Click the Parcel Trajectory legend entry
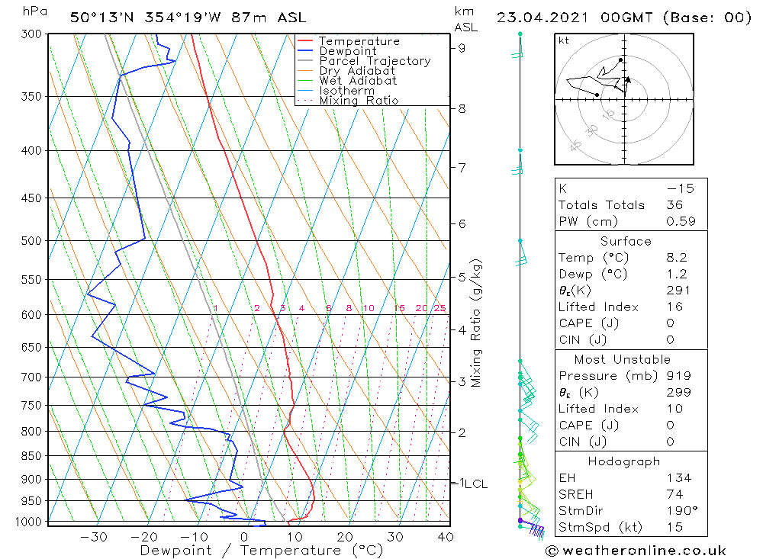375,61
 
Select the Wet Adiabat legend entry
358,81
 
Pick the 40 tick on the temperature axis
445,537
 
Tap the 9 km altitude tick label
462,48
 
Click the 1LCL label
472,484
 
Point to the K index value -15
675,188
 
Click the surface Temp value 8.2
676,258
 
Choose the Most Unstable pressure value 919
678,376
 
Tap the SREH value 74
674,494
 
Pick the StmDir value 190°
679,511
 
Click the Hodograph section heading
625,462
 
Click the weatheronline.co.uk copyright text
636,551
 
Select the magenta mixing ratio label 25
439,308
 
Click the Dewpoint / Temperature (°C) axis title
261,550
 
